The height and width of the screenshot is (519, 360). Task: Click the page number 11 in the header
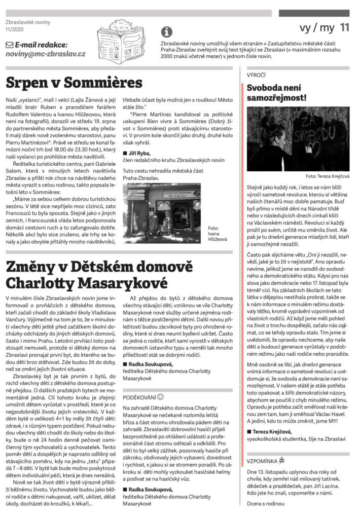pos(344,28)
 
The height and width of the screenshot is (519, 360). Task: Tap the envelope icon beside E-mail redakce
pos(10,45)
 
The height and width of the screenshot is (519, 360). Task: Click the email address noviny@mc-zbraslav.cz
pos(45,54)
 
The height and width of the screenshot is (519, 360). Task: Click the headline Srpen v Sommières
pos(75,82)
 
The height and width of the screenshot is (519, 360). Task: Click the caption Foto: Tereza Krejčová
pos(326,178)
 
